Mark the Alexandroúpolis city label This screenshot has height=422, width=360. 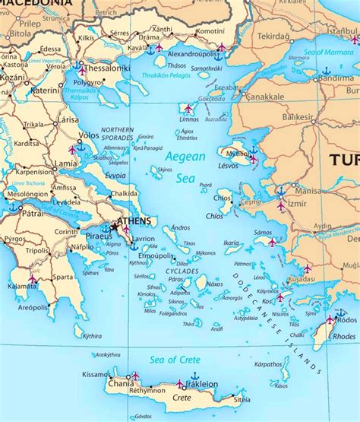coord(192,55)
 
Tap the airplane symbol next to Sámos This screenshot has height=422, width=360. coord(272,243)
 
